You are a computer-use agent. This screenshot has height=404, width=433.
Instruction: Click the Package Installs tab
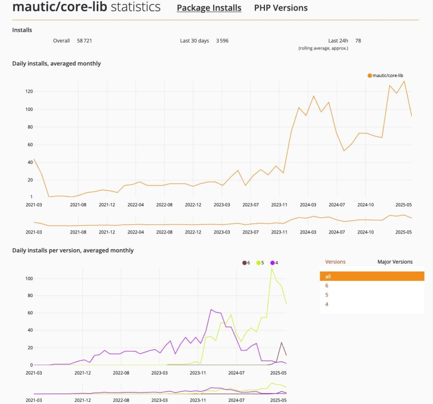tap(209, 8)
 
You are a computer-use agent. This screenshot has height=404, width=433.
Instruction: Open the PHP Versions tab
tap(281, 8)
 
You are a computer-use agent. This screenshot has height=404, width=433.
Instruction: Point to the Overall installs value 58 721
tap(85, 41)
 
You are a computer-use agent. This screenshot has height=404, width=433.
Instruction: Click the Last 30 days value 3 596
tap(222, 41)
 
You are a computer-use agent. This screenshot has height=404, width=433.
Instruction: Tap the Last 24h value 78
tap(358, 41)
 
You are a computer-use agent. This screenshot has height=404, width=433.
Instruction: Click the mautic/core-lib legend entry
tap(388, 76)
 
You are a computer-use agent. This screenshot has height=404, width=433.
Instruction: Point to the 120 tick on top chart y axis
tap(29, 91)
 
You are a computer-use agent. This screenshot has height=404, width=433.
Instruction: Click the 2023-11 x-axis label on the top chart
tap(279, 204)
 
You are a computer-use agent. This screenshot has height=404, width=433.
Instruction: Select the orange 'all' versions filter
tap(372, 276)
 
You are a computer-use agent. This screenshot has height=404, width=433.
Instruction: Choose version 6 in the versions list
tap(327, 286)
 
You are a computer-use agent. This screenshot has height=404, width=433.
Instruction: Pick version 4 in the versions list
tap(327, 304)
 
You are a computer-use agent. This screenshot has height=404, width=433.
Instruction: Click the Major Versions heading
tap(395, 262)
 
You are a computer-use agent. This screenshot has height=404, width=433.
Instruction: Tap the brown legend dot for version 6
tap(244, 263)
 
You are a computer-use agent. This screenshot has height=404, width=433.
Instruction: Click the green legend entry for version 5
tap(260, 263)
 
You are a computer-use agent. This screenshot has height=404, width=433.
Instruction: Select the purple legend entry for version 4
tap(274, 263)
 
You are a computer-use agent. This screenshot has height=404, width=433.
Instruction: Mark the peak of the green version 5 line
tap(272, 269)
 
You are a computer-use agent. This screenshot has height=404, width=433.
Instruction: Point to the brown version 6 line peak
tap(282, 342)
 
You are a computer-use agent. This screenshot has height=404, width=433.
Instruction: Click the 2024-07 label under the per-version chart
tap(236, 373)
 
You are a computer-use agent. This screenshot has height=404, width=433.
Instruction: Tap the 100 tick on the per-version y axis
tap(29, 279)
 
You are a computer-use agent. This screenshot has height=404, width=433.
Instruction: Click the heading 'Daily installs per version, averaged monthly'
tap(73, 250)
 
